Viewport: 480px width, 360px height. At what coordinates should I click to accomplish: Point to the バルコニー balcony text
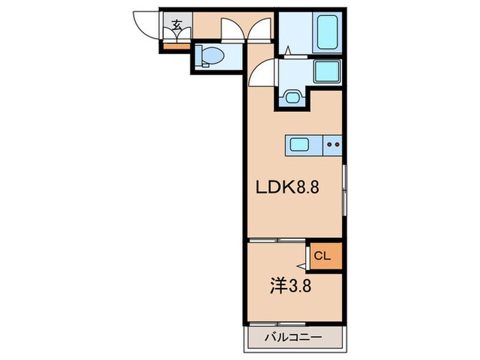point(293,337)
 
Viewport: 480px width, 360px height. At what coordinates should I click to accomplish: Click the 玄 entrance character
point(177,25)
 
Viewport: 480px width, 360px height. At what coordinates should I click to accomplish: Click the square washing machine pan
point(327,71)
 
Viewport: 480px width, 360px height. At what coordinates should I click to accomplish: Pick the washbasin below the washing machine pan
point(293,97)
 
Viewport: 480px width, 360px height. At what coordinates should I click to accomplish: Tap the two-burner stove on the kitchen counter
point(333,145)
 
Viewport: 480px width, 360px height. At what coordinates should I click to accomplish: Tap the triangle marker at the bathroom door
point(288,50)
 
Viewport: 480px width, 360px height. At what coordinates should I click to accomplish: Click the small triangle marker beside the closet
point(302,264)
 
